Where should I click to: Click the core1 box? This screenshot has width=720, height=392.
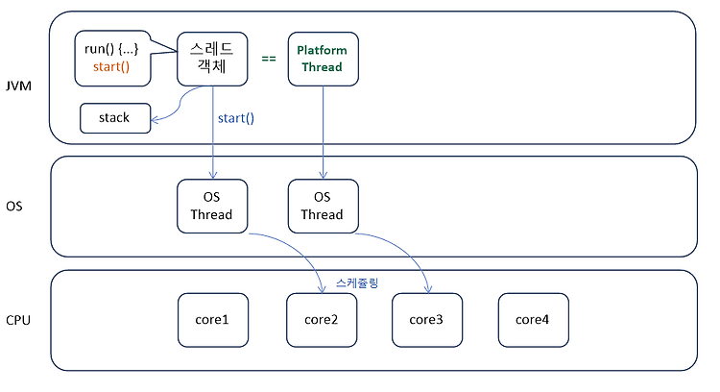(213, 320)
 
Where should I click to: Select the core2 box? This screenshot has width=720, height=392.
(322, 320)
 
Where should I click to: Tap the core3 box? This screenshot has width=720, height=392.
(427, 320)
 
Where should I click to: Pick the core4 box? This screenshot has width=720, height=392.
(534, 320)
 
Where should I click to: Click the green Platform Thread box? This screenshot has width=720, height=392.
(324, 59)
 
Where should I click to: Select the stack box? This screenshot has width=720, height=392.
(115, 118)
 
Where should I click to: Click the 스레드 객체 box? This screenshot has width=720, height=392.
(212, 59)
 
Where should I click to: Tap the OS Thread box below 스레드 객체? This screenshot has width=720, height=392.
(212, 206)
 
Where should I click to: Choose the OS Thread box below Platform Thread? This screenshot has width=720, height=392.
(324, 206)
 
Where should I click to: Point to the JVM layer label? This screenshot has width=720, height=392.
(18, 86)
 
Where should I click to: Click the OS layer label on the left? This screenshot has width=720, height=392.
(14, 206)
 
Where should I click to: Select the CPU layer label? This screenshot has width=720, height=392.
(18, 320)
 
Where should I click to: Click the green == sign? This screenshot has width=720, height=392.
(269, 59)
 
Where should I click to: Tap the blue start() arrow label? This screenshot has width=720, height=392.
(236, 118)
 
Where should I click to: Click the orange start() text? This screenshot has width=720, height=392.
(111, 67)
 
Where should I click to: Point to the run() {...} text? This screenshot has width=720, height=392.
(111, 49)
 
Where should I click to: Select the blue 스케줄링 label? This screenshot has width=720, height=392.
(357, 282)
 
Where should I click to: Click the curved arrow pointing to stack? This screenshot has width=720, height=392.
(180, 104)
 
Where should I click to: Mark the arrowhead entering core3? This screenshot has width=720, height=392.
(428, 289)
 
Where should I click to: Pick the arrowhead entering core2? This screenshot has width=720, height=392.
(323, 289)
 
